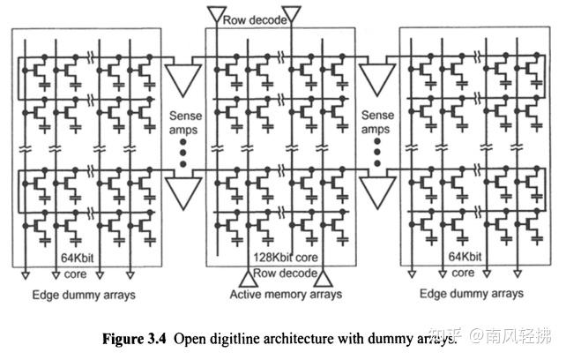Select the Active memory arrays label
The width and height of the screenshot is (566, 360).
pos(273,294)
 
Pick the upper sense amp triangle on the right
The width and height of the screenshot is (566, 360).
pos(377,78)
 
